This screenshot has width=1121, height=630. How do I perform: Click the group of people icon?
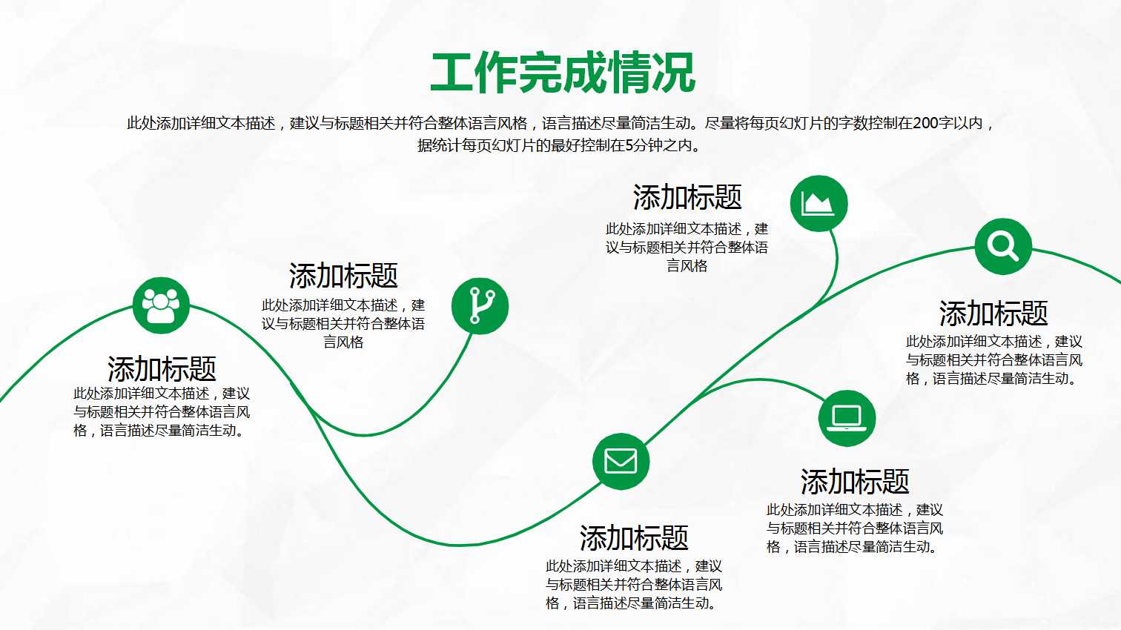coord(161,305)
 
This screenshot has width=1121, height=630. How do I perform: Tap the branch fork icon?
coord(480,305)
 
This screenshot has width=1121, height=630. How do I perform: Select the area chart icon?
coord(819,203)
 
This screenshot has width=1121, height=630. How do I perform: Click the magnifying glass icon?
coord(1002,246)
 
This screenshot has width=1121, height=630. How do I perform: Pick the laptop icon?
coord(847,418)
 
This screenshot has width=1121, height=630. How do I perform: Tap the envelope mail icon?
coord(621,461)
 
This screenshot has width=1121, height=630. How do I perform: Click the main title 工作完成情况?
coord(562,73)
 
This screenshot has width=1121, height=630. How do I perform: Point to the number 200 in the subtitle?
coord(926,123)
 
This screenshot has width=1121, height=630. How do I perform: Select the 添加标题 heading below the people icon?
coord(162,368)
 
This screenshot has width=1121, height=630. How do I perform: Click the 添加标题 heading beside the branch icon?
coord(343,276)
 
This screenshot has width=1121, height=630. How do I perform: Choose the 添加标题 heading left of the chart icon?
coord(687,198)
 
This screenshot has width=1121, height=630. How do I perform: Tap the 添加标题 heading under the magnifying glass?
coord(993,314)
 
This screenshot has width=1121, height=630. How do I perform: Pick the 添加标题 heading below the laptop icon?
coord(855,482)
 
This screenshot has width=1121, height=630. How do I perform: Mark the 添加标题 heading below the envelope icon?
coord(634,537)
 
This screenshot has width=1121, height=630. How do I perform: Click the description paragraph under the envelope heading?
coord(634,585)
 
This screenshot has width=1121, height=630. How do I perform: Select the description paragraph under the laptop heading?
coord(855,528)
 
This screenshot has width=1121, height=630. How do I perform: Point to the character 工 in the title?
coord(452,73)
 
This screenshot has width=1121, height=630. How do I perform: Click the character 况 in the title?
coord(673,73)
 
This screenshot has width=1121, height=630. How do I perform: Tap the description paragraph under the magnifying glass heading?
coord(993,360)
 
